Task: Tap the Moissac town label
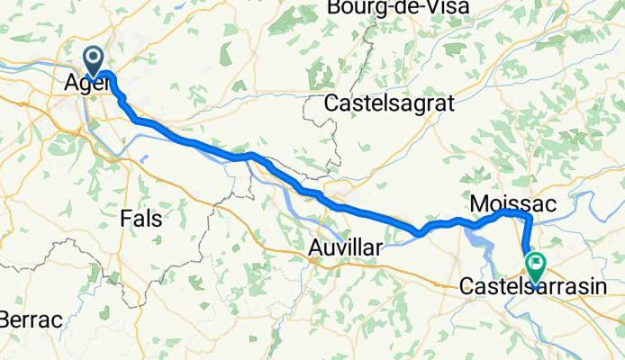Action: pyautogui.click(x=511, y=200)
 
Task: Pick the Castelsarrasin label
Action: pyautogui.click(x=530, y=287)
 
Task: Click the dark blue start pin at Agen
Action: pyautogui.click(x=94, y=61)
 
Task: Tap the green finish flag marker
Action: pyautogui.click(x=537, y=265)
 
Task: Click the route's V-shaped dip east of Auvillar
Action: pyautogui.click(x=419, y=234)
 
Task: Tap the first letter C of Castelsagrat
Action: pyautogui.click(x=332, y=103)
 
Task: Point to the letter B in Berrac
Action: pyautogui.click(x=7, y=319)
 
